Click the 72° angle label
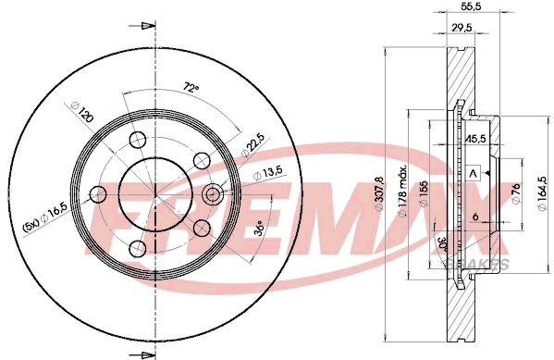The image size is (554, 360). pos(191,88)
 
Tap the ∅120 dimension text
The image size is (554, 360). pos(83,116)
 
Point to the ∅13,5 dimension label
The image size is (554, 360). pos(267,173)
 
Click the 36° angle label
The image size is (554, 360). pos(261,225)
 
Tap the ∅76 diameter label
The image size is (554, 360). pos(516,192)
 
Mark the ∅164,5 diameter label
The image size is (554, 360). pos(541,192)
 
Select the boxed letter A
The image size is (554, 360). pos(473,174)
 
